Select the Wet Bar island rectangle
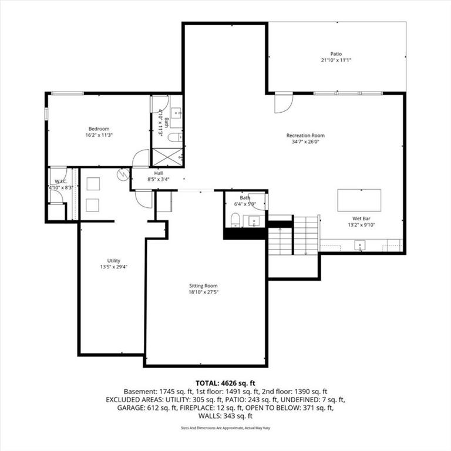click(x=359, y=200)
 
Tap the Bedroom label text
click(x=99, y=129)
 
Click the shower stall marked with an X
click(x=167, y=157)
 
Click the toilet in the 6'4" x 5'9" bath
click(x=235, y=220)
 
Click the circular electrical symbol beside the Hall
click(x=123, y=174)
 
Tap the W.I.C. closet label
click(x=59, y=181)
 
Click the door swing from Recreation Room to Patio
click(x=282, y=103)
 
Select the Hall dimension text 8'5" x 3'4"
click(x=158, y=180)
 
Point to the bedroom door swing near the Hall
click(x=142, y=159)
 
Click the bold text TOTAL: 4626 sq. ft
click(x=225, y=382)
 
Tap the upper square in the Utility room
click(x=93, y=184)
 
